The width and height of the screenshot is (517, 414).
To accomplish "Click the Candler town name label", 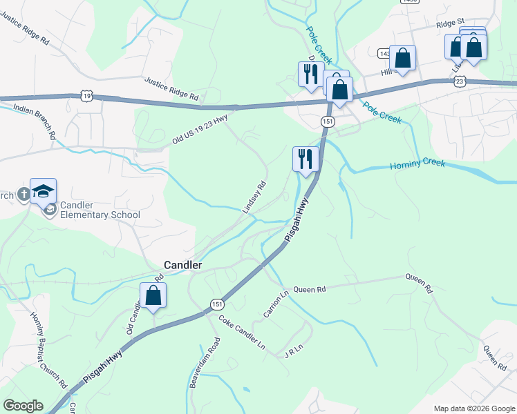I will coord(182,265).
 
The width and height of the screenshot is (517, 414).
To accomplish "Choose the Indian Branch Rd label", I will coord(34,122).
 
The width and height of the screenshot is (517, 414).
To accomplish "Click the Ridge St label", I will coord(451,24).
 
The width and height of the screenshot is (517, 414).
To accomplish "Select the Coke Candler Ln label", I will coord(242,332).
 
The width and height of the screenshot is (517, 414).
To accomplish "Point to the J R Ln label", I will coord(294,352).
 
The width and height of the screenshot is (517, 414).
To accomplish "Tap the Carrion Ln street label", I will coord(274,304).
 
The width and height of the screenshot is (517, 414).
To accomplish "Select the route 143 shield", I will coord(384,53).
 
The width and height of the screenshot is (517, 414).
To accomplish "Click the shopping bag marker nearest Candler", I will coord(153,296).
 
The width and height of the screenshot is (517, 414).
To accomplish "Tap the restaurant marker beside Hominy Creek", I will coord(305,159).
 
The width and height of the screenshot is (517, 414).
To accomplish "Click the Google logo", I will coord(23,406).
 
